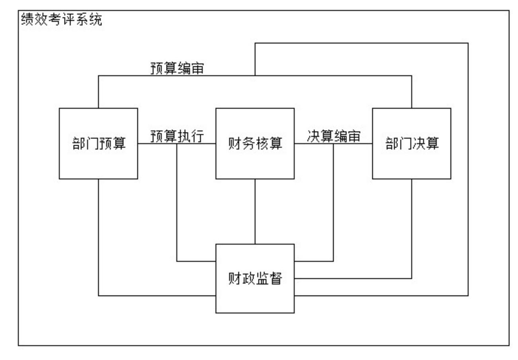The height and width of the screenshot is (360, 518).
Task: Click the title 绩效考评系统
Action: click(61, 19)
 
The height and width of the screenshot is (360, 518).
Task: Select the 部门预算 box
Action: click(98, 144)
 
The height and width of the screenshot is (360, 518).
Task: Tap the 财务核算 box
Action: click(255, 144)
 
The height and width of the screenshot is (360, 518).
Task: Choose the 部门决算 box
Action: click(412, 144)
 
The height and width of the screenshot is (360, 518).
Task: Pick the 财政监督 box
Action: click(255, 278)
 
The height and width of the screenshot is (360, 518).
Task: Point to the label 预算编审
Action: click(177, 68)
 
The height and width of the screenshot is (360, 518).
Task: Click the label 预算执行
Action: click(177, 136)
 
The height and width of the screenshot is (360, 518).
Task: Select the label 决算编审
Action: click(334, 136)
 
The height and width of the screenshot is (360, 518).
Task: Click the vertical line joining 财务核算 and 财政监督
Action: click(255, 211)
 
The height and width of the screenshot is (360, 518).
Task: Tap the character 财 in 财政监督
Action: click(235, 278)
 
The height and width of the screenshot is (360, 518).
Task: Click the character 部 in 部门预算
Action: click(78, 144)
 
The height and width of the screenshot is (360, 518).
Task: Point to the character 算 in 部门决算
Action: click(432, 144)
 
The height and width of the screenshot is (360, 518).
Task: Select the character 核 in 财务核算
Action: click(262, 144)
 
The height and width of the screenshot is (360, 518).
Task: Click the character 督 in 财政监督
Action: click(276, 278)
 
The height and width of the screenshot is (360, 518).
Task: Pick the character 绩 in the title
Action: click(27, 19)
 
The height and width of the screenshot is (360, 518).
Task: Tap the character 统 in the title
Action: click(96, 19)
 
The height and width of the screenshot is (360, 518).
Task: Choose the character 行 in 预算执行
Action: click(197, 136)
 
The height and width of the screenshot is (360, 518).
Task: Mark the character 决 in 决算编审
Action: click(314, 136)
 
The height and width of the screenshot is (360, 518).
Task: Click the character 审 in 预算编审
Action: click(197, 68)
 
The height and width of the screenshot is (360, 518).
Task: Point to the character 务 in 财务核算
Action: click(248, 144)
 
